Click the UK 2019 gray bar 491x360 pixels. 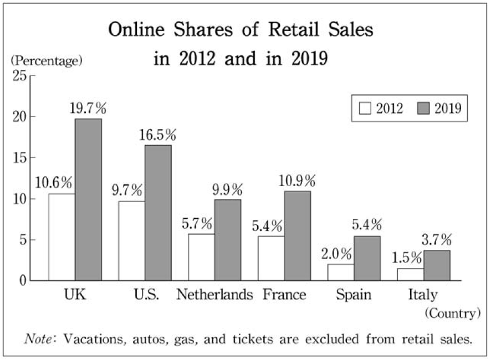[x=88, y=199]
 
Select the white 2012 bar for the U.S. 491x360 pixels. [x=131, y=241]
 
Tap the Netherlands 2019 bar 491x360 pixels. [x=228, y=240]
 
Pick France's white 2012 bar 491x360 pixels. [x=271, y=258]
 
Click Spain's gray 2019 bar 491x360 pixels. [x=367, y=259]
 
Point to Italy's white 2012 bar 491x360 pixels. [x=411, y=275]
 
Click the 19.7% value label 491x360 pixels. [x=88, y=109]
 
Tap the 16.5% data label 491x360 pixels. [x=158, y=135]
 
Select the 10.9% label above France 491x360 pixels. [x=297, y=181]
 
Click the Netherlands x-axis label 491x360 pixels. [x=214, y=295]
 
